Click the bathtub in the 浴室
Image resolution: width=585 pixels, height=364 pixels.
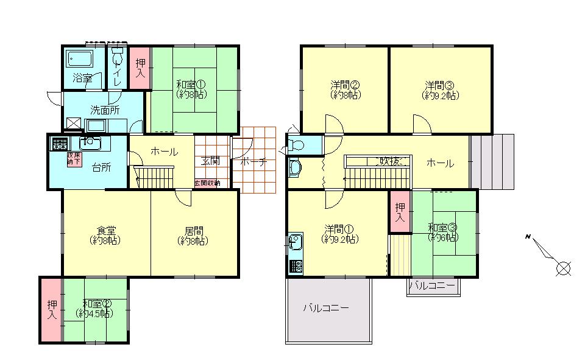79,60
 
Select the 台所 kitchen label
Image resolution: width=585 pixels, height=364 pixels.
101,167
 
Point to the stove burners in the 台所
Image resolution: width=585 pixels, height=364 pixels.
60,144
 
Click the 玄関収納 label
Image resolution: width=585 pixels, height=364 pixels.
207,183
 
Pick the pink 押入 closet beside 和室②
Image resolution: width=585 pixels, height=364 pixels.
51,309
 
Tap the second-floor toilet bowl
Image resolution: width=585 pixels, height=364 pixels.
297,145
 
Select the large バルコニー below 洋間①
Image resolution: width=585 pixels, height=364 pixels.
327,309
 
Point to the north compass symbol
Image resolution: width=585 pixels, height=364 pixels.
562,267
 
